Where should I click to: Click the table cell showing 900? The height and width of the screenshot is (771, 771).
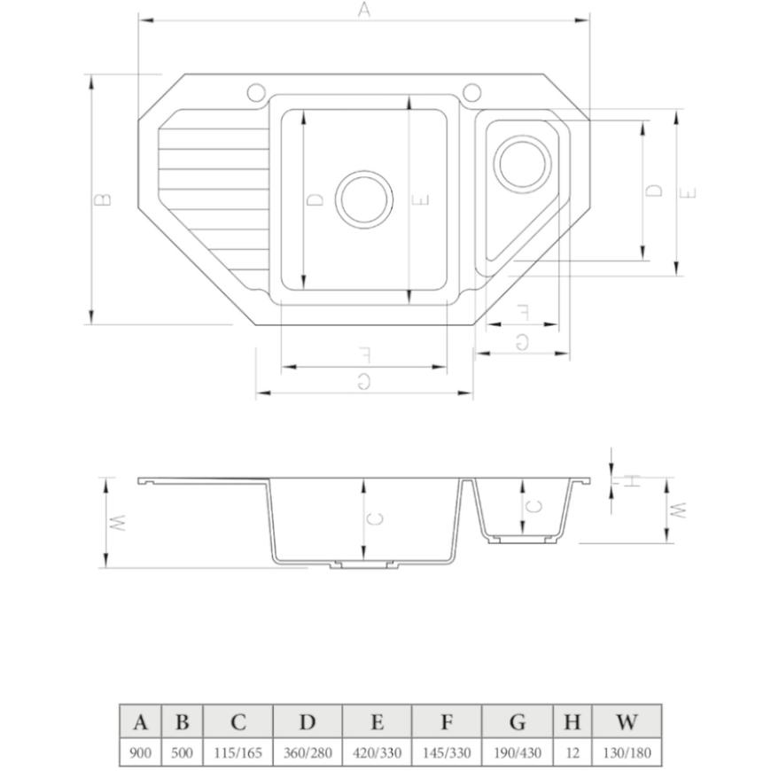[x=140, y=752]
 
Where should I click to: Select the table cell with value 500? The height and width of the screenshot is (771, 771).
[x=182, y=752]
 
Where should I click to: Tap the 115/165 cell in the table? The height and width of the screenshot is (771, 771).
[x=238, y=752]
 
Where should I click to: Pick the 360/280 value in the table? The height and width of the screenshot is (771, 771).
[x=308, y=752]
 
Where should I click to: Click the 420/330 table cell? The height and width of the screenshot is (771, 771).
[x=378, y=752]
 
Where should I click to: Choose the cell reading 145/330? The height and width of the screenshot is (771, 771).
[x=447, y=752]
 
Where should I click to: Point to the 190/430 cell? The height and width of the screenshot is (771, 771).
[x=518, y=752]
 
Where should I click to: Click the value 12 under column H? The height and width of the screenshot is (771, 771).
[x=572, y=752]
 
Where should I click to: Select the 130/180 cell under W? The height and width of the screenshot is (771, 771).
[x=627, y=752]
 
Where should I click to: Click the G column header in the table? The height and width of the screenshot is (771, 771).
[x=518, y=722]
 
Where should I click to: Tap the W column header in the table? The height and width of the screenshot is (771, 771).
[x=627, y=722]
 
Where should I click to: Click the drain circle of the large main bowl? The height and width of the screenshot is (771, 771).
[x=364, y=171]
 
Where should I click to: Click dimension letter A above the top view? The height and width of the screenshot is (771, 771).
[x=363, y=10]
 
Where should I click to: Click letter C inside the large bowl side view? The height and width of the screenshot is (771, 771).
[x=375, y=518]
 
